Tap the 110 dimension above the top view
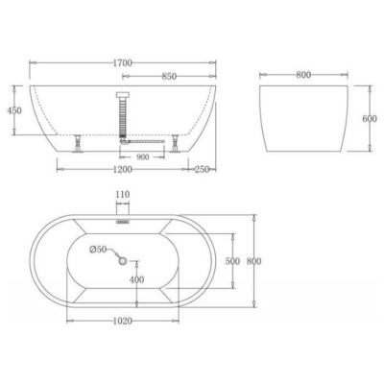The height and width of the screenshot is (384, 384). pos(122,195)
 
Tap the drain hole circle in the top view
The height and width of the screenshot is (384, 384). pos(122,258)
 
